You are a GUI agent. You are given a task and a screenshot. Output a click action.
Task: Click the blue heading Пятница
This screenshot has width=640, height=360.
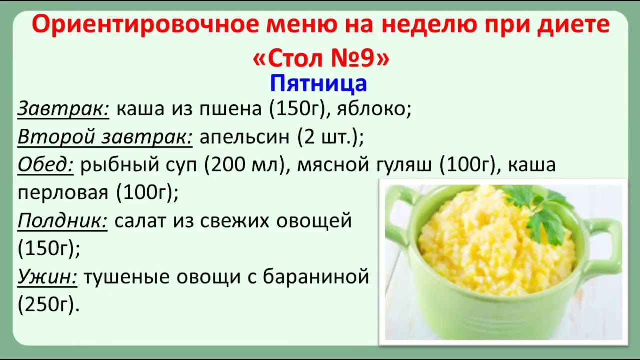coord(318,84)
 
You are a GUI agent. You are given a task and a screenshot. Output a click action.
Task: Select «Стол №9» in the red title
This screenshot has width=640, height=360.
coord(321,58)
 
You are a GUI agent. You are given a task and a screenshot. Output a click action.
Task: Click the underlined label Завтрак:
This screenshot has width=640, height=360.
coord(63,109)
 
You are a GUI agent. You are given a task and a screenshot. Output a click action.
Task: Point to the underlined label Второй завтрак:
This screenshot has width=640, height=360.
coord(105,137)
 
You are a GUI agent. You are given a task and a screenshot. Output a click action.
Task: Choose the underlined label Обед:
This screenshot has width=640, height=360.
coord(45,165)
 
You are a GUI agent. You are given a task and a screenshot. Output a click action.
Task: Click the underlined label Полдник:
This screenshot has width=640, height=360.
coord(62,221)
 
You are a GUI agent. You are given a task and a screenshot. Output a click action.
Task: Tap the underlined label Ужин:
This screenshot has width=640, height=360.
coord(47,277)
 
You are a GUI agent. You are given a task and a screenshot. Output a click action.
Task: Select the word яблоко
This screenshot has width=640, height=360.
coord(372,109)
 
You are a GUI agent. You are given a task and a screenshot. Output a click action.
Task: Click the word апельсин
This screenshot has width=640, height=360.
coord(245,137)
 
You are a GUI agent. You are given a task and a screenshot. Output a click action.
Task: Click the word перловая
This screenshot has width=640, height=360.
coord(63,193)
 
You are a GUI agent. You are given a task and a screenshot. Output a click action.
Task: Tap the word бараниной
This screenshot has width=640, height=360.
coord(316,277)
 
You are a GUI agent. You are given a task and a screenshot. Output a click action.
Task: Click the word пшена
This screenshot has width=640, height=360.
coord(230,109)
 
